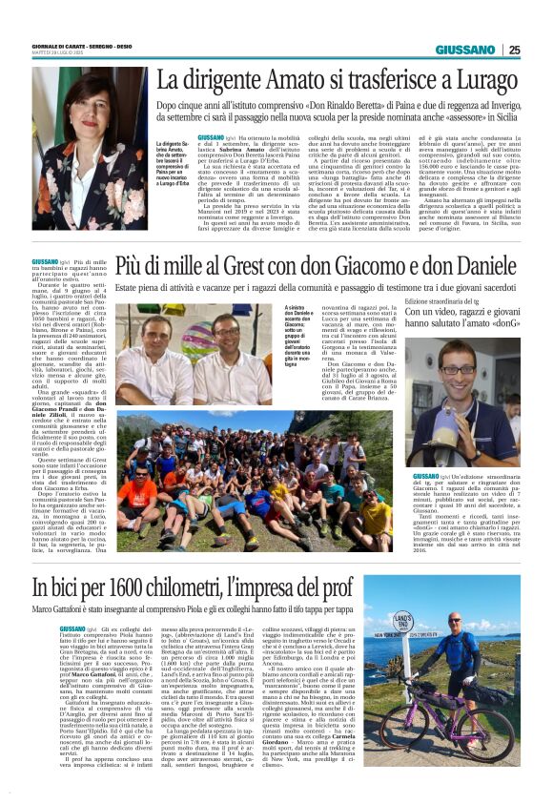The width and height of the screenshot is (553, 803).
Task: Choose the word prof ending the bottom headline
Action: tap(411, 587)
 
